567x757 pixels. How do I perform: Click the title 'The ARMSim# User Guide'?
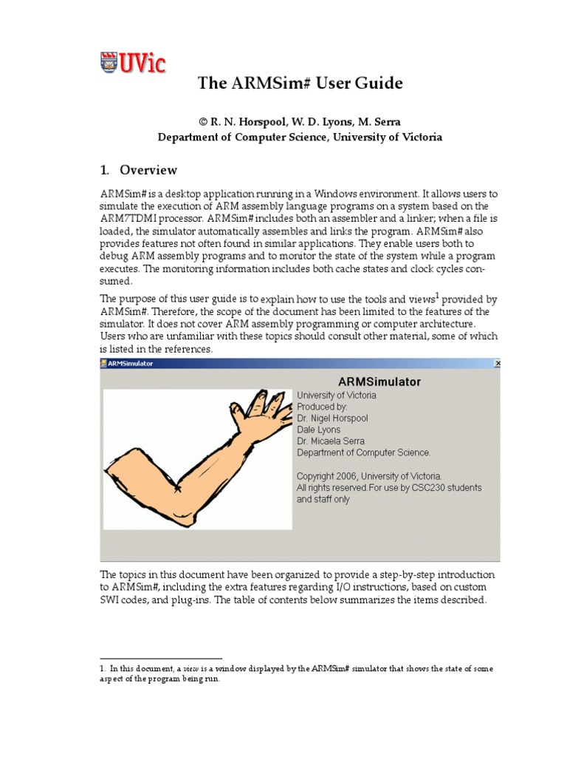point(300,84)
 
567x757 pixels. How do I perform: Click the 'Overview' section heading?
point(148,170)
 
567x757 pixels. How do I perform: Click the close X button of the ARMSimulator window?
point(498,364)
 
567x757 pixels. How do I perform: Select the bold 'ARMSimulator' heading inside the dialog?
point(379,381)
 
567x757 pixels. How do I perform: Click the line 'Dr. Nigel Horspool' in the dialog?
point(332,418)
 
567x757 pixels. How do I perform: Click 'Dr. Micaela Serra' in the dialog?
point(331,441)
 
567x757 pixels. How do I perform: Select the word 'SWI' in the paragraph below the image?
point(111,600)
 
